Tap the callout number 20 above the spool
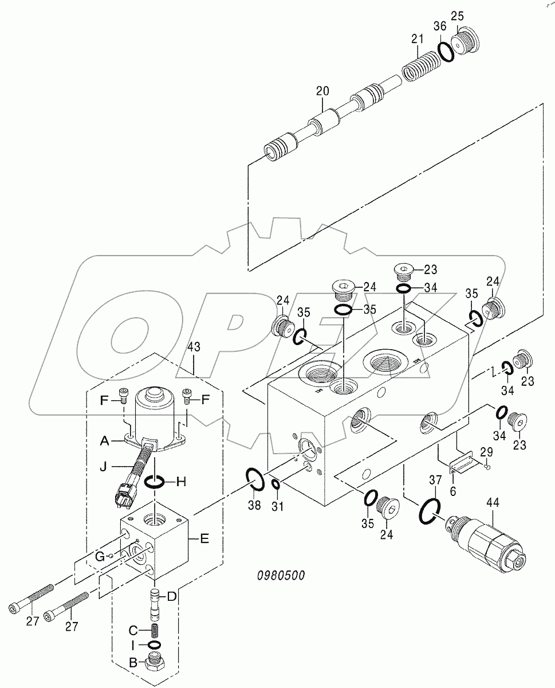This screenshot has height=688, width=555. click(x=322, y=91)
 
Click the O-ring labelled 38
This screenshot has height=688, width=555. click(x=255, y=479)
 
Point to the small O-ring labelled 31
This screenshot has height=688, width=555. click(x=275, y=485)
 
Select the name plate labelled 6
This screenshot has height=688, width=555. click(x=462, y=463)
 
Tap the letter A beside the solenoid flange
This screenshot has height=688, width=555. click(x=104, y=440)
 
